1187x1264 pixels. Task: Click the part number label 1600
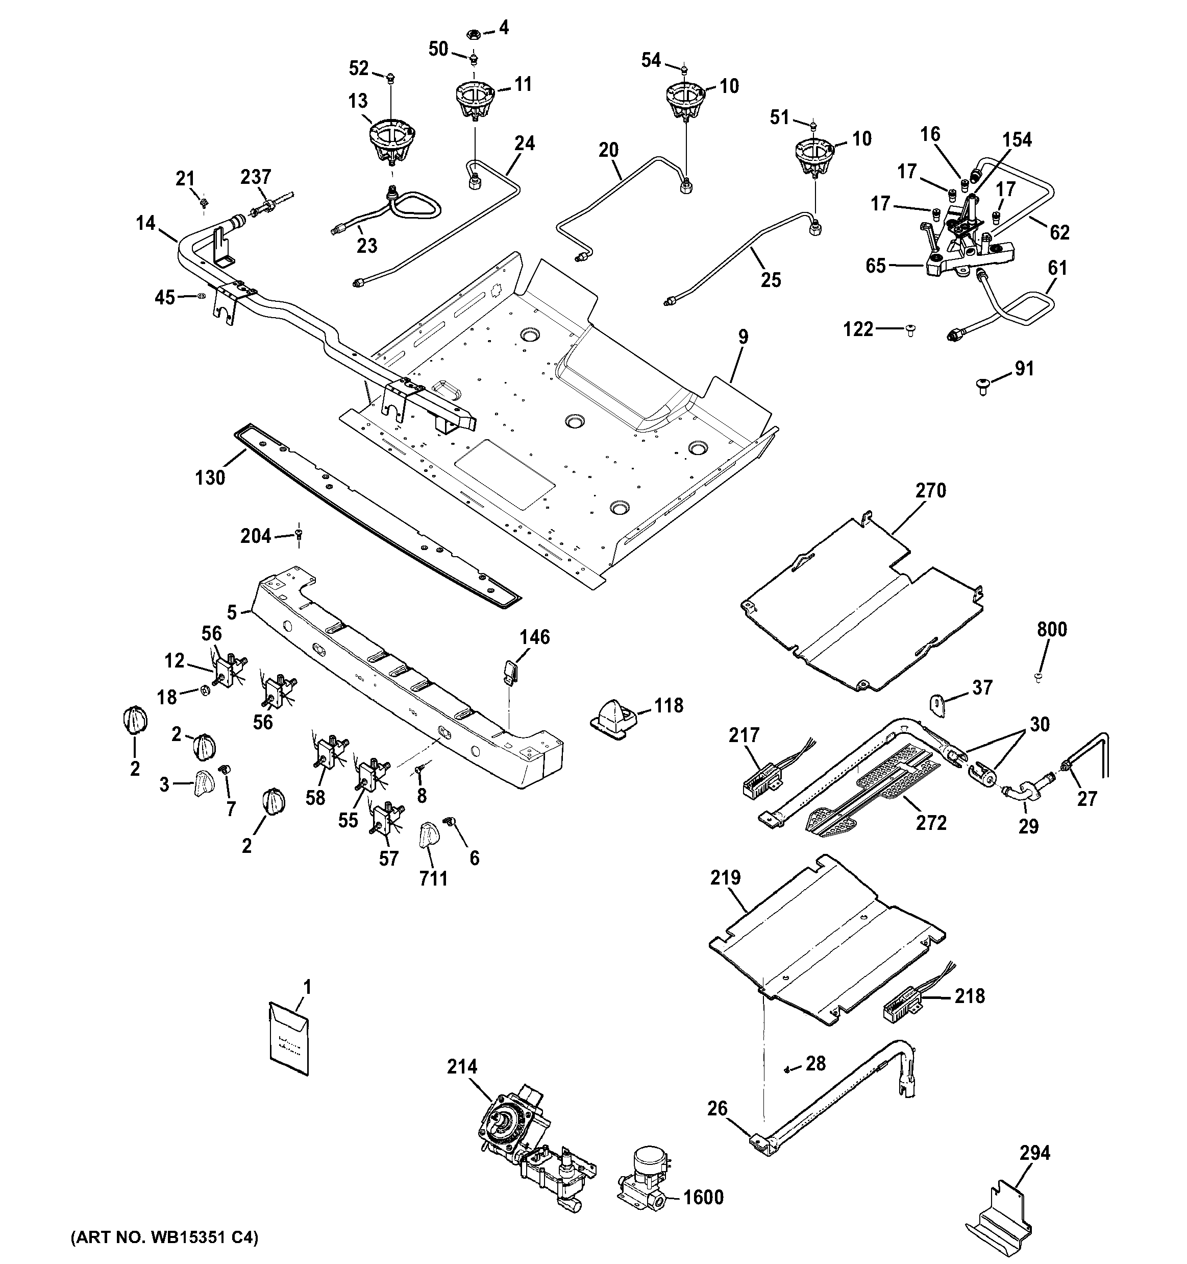click(x=703, y=1197)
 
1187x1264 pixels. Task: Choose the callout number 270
click(x=930, y=490)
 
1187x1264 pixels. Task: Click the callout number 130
click(x=210, y=477)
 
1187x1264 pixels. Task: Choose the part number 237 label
click(x=256, y=177)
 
